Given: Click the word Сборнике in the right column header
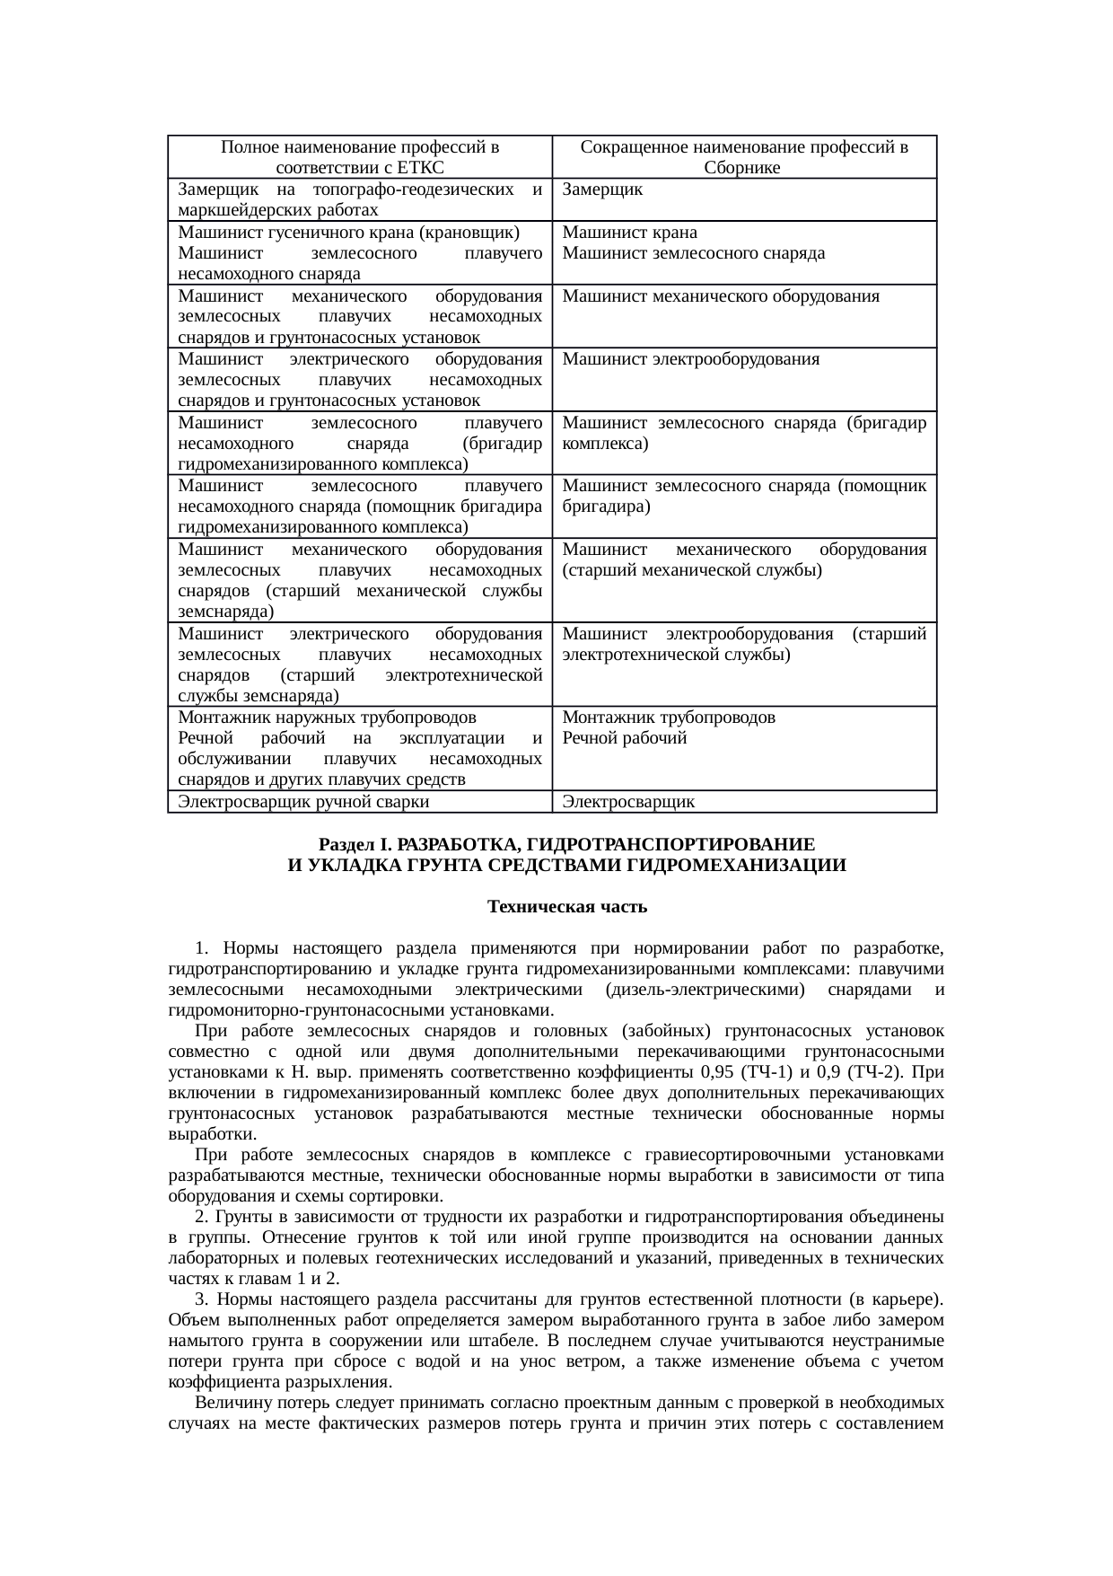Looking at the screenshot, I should coord(744,167).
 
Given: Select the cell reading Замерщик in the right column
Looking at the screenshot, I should coord(601,189).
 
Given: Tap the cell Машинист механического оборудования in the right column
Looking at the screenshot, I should coord(721,295).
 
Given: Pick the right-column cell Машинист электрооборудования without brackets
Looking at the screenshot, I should coord(691,359).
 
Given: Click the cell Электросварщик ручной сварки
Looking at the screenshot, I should coord(303,801).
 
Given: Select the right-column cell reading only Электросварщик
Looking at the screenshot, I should coord(628,801).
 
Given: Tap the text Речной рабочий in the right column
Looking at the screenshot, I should coord(625,738).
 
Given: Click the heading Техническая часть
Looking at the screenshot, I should coord(567,906).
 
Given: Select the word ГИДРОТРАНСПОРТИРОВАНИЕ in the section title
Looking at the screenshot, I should coord(670,845).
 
